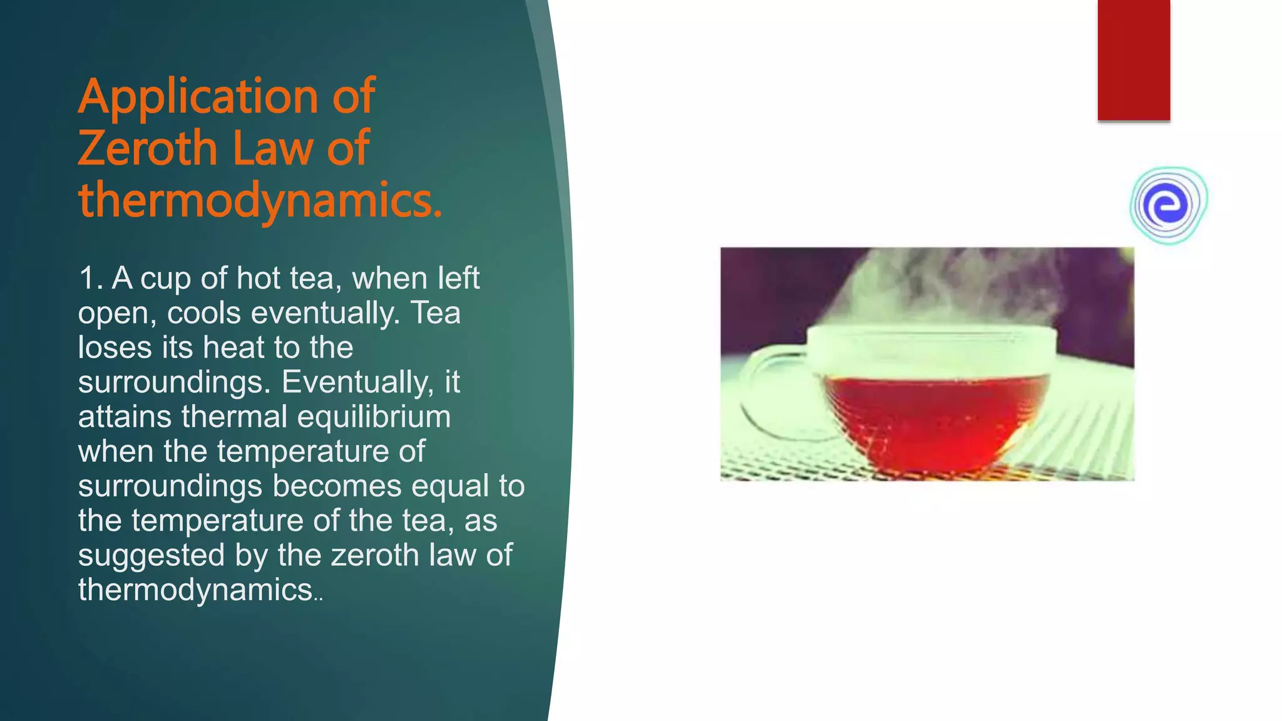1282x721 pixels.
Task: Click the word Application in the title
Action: coord(198,97)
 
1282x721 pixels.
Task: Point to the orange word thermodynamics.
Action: coord(260,200)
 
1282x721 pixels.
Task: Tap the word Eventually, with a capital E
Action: coord(357,382)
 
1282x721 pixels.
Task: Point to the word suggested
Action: coord(151,556)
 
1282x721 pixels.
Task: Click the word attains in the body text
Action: coord(125,417)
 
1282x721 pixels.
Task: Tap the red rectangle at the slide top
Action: coord(1134,59)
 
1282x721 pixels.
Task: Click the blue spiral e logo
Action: coord(1168,205)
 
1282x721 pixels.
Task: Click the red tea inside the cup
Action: coord(933,419)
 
